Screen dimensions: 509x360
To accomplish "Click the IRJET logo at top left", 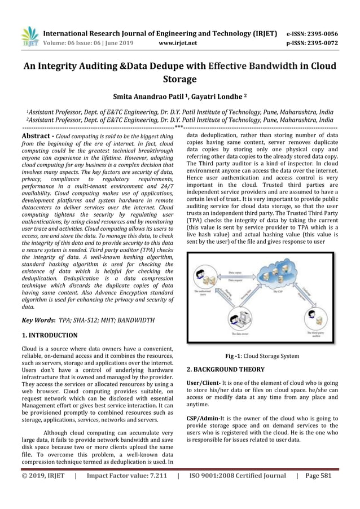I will coord(29,36).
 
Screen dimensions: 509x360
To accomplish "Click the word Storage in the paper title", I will coord(179,79).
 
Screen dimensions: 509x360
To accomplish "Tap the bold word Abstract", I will coord(37,137).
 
